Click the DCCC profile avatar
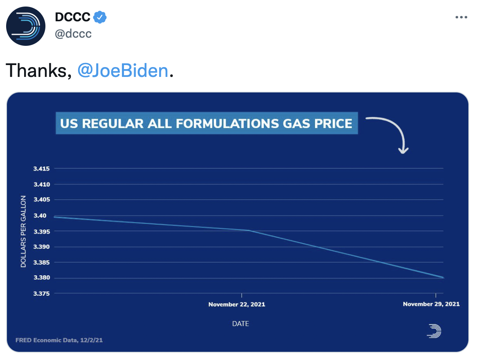[x=26, y=26]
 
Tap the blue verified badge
[x=100, y=17]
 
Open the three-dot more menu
[x=461, y=18]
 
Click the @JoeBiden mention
[x=123, y=71]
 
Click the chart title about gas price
[x=206, y=123]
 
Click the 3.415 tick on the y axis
[x=41, y=169]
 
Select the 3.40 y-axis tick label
[x=43, y=216]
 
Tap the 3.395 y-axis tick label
[x=41, y=232]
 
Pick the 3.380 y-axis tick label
[x=41, y=278]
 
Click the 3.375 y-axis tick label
[x=41, y=294]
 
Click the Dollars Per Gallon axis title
[x=23, y=232]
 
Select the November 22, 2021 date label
[x=236, y=304]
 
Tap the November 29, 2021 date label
[x=431, y=304]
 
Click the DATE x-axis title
[x=241, y=324]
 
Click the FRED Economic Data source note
[x=59, y=340]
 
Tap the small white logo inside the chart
[x=434, y=331]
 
